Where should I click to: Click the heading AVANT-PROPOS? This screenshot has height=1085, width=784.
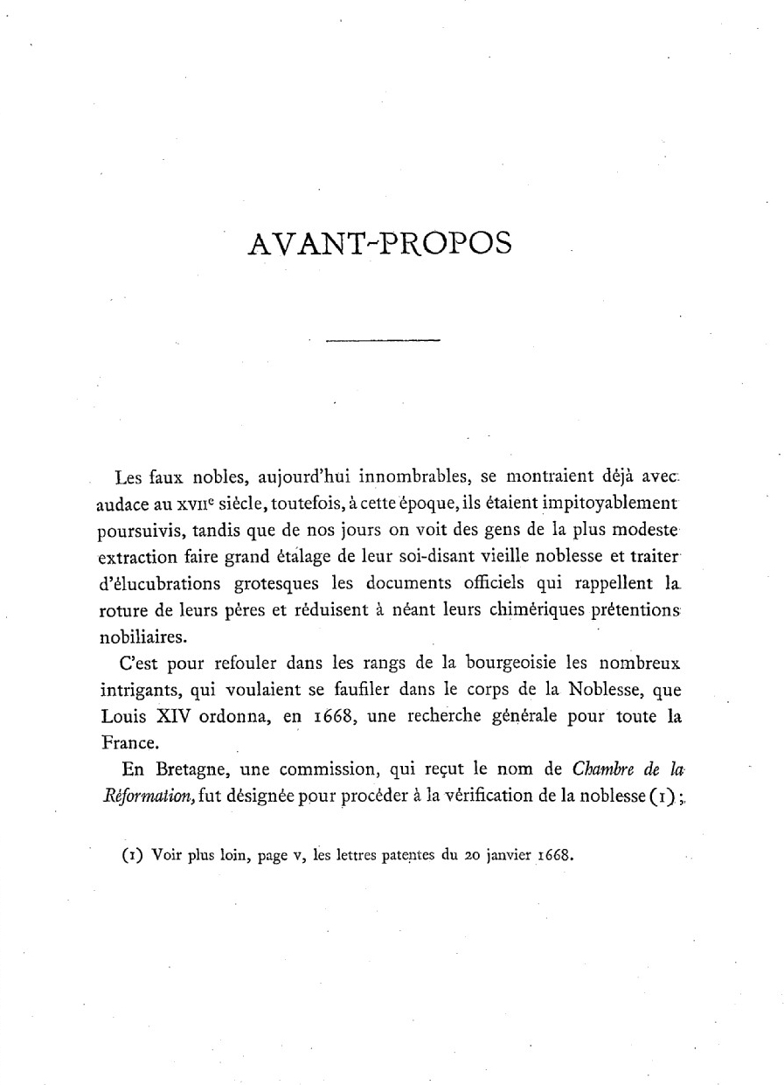379,242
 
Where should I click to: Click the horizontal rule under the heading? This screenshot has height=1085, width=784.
382,340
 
